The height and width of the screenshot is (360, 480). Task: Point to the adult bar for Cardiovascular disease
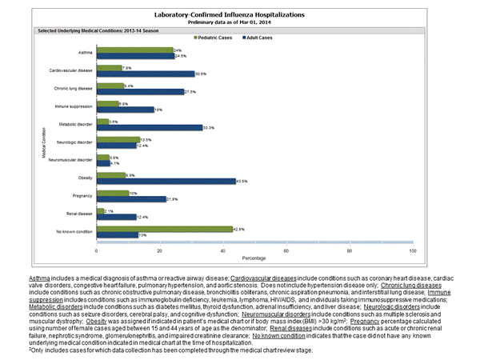pyautogui.click(x=145, y=74)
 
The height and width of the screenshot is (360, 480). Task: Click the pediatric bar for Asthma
pyautogui.click(x=134, y=50)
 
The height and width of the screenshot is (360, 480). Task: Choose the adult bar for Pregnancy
pyautogui.click(x=130, y=199)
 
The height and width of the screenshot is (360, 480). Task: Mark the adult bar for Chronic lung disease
pyautogui.click(x=140, y=92)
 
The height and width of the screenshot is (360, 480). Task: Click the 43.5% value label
pyautogui.click(x=244, y=181)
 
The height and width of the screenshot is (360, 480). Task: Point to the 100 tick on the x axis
pyautogui.click(x=413, y=251)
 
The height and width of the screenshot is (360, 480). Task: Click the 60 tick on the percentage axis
pyautogui.click(x=286, y=251)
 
